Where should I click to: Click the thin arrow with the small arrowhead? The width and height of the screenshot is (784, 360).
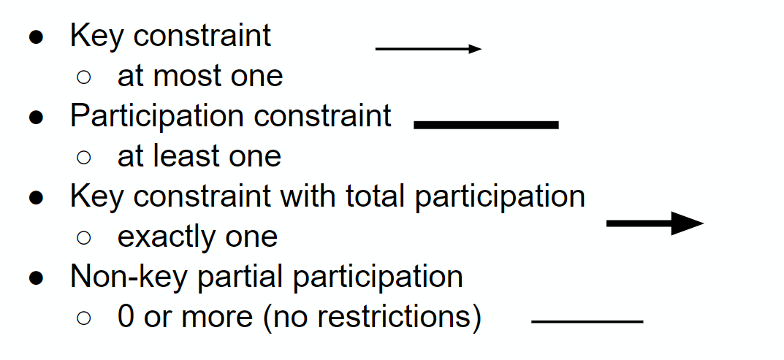tap(428, 49)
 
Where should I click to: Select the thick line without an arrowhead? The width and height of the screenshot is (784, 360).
tap(486, 125)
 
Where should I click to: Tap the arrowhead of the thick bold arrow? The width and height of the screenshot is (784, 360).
tap(688, 223)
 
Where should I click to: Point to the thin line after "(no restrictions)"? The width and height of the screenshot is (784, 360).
tap(587, 321)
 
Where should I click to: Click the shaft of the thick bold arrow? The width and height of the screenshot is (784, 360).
tap(639, 223)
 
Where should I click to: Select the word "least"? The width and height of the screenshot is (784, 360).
tap(188, 156)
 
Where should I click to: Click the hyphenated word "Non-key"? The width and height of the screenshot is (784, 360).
tap(130, 277)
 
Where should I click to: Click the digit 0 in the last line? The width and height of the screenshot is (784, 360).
tap(126, 316)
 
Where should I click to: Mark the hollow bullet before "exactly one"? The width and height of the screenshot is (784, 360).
tap(84, 237)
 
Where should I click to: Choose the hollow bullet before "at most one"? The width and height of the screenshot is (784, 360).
tap(84, 77)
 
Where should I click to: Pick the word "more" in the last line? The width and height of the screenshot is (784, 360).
tap(218, 317)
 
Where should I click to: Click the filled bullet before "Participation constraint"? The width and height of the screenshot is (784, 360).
tap(36, 118)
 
